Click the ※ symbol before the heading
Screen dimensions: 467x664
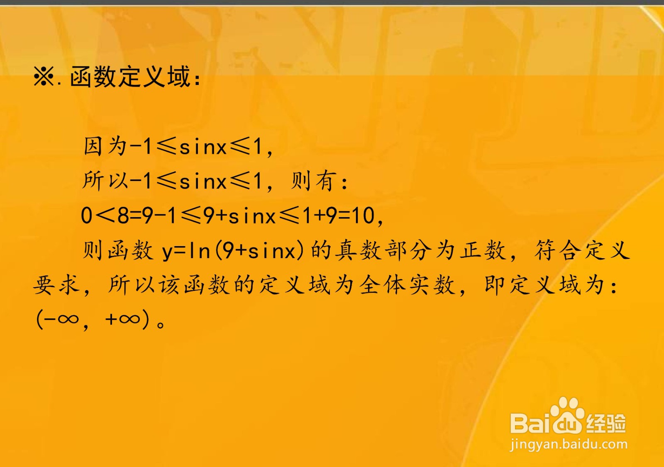[x=44, y=77]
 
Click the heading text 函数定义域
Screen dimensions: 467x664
[x=130, y=77]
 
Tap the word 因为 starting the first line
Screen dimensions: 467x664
[x=105, y=146]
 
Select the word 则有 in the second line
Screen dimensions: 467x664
[x=313, y=181]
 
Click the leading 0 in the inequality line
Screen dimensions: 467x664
[x=86, y=216]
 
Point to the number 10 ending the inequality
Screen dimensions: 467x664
[x=363, y=216]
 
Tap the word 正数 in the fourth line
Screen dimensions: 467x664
[x=484, y=251]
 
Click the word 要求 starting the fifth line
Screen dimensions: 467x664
[x=56, y=285]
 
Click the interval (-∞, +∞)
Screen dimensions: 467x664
[x=93, y=319]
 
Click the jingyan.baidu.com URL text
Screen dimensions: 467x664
[x=569, y=444]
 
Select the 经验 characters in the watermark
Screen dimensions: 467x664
[x=605, y=423]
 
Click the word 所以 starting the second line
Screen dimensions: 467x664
[x=105, y=181]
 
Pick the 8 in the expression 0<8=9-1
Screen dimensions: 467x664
[x=123, y=216]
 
